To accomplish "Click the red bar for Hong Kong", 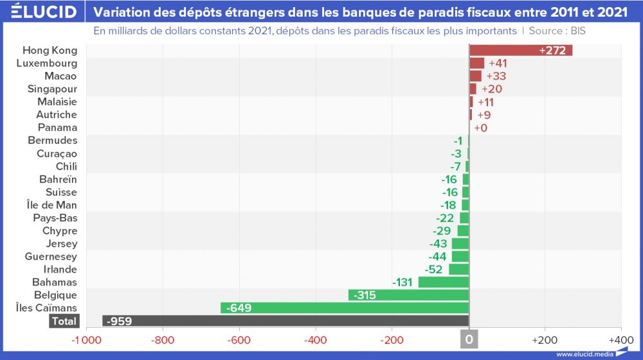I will (521, 50).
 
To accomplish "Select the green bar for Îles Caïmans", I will (345, 308).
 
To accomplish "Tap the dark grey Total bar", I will (285, 321).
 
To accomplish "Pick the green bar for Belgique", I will (408, 295).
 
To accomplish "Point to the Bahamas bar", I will (444, 282).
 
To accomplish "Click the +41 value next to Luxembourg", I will (498, 63).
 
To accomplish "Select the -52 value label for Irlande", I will (435, 269).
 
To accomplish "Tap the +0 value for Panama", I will (480, 128).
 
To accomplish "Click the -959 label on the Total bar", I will (120, 321).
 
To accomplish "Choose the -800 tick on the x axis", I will (163, 339).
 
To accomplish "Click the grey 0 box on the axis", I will (469, 339).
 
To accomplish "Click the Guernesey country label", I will (51, 256).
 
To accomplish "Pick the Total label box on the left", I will (63, 321).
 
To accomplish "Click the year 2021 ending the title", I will (610, 12).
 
